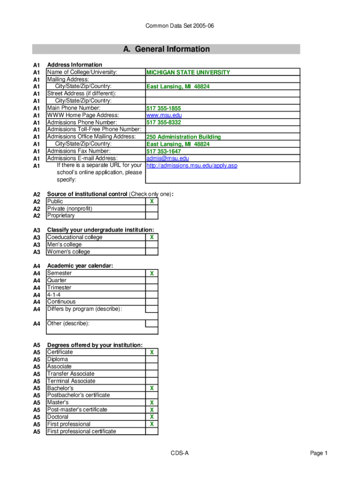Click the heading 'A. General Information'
click(166, 49)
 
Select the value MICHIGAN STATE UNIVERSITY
click(188, 73)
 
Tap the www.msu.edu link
click(164, 115)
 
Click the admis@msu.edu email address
click(167, 159)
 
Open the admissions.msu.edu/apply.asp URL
click(192, 166)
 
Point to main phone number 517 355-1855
click(164, 109)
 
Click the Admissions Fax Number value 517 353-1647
click(164, 152)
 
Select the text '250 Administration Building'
click(184, 137)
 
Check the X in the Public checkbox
click(151, 202)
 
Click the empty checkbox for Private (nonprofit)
click(151, 209)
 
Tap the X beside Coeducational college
click(151, 237)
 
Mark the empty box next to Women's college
click(151, 252)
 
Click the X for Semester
click(151, 273)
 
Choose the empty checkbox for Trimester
click(151, 288)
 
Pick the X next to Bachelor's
click(151, 388)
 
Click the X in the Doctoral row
click(151, 417)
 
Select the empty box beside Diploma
click(151, 359)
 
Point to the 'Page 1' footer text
click(319, 453)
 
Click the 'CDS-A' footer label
click(180, 453)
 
